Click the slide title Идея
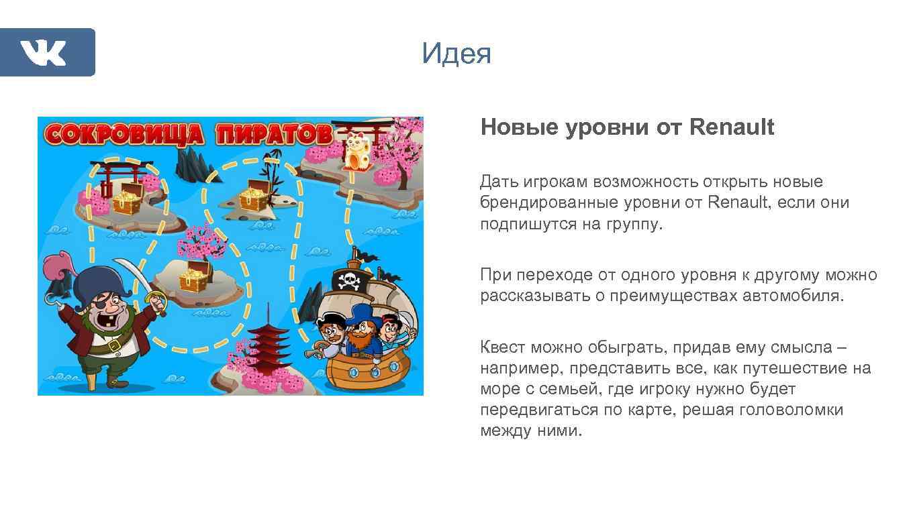coord(456,54)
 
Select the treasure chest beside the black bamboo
coord(253,195)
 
